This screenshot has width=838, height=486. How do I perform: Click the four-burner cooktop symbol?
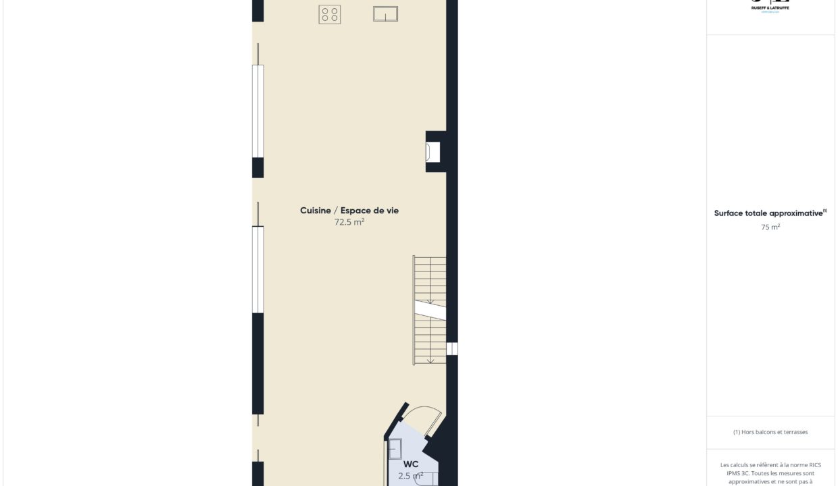(x=329, y=14)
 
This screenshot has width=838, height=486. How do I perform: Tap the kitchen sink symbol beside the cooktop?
(x=385, y=13)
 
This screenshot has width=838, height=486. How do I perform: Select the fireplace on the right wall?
(x=433, y=152)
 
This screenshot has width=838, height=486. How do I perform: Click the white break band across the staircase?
(x=430, y=310)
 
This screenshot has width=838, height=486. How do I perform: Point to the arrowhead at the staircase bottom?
(x=430, y=360)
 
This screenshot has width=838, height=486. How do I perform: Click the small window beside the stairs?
(x=451, y=348)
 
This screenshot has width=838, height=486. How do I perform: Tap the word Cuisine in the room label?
(x=316, y=211)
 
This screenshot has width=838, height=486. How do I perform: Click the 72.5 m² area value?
(x=349, y=222)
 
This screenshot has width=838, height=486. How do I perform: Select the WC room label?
(x=411, y=464)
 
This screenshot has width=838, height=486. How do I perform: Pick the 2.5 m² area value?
(x=410, y=476)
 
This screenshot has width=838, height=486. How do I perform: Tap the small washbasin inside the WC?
(x=395, y=449)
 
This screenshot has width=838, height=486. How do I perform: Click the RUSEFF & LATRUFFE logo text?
(x=770, y=7)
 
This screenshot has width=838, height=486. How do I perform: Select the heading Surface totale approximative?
(x=768, y=213)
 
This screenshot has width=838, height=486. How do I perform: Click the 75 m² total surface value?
(x=770, y=227)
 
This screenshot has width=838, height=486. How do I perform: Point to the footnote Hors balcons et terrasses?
(x=770, y=432)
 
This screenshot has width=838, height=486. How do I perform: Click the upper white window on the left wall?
(x=257, y=111)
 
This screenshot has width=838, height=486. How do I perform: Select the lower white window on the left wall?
(x=257, y=269)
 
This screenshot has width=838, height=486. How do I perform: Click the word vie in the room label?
(x=391, y=211)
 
